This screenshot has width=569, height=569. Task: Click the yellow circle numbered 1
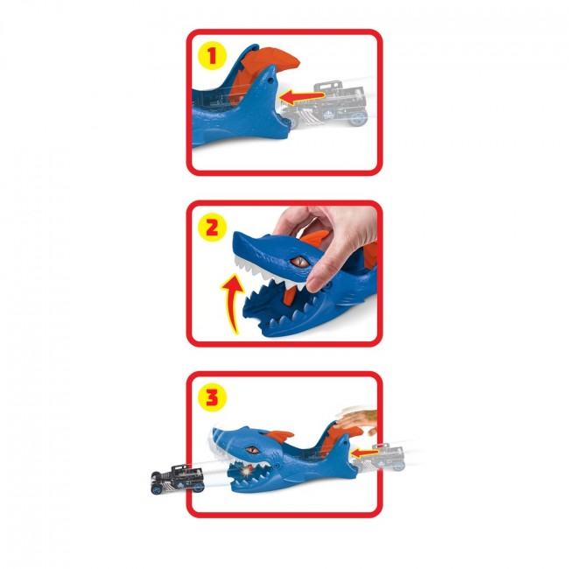tap(212, 56)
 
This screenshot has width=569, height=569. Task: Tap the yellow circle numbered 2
tap(212, 228)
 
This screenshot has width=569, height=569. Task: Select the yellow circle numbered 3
tap(212, 397)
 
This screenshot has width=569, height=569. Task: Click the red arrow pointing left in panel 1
tap(302, 97)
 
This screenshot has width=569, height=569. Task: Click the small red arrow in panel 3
tap(365, 453)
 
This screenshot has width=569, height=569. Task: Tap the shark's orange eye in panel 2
tap(299, 261)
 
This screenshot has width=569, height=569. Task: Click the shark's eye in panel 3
tap(252, 450)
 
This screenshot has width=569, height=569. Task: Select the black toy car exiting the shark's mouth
tap(177, 479)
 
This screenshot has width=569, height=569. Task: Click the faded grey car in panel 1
tap(326, 104)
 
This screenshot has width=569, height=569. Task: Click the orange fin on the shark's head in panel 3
tap(279, 436)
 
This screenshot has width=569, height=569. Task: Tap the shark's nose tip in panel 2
tap(235, 235)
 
